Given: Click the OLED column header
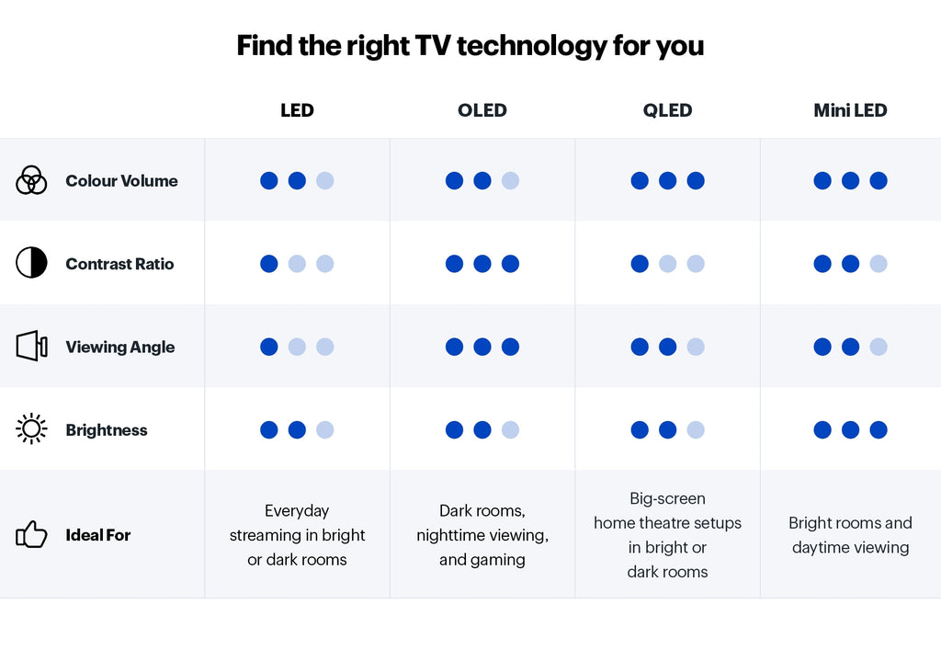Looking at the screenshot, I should click(482, 110).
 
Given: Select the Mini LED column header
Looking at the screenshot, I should click(850, 110).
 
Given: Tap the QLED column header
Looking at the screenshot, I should click(667, 110).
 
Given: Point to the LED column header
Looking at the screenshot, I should click(297, 110).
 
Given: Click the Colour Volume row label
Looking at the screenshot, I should click(121, 181).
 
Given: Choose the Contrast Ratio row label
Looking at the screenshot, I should click(119, 264).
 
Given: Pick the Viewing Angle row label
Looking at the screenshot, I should click(119, 348).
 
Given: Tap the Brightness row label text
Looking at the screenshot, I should click(107, 430).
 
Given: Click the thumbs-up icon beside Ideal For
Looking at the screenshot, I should click(31, 534).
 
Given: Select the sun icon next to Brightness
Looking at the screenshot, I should click(31, 429).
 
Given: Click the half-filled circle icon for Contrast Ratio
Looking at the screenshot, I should click(31, 264).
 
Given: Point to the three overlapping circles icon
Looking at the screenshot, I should click(31, 180).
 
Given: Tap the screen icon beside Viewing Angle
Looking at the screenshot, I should click(31, 347).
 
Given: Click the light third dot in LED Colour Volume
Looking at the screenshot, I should click(325, 181).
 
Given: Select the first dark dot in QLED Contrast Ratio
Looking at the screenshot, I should click(640, 264).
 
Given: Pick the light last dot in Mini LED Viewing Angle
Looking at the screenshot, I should click(879, 347).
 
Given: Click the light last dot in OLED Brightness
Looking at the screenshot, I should click(510, 430).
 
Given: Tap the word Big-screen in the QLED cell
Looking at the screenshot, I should click(667, 499).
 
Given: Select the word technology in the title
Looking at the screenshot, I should click(531, 45).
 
